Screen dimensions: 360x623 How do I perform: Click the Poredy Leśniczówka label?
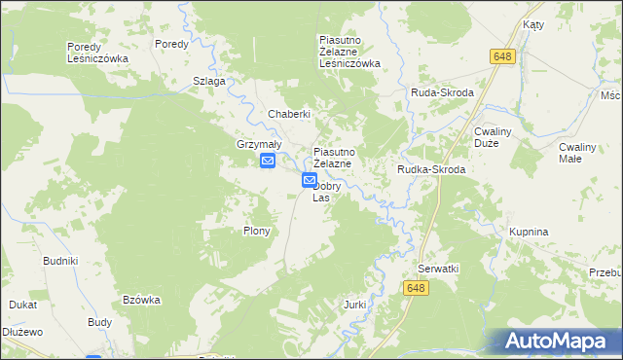(97, 53)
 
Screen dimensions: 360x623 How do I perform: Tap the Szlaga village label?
(209, 81)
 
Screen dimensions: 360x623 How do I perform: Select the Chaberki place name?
(289, 114)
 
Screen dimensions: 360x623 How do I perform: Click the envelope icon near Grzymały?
(268, 162)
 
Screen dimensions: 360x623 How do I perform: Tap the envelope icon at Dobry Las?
(309, 180)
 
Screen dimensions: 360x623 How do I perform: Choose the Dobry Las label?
(322, 192)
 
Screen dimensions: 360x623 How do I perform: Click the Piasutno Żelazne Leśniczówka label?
(349, 52)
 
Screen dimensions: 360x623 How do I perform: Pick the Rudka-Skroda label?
(431, 169)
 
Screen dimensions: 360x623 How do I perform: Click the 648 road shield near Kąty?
(502, 57)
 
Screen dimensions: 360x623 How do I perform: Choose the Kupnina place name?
(530, 233)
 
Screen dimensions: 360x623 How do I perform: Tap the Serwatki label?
(438, 268)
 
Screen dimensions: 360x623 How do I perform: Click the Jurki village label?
(354, 305)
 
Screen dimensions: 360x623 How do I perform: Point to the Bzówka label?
(141, 300)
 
